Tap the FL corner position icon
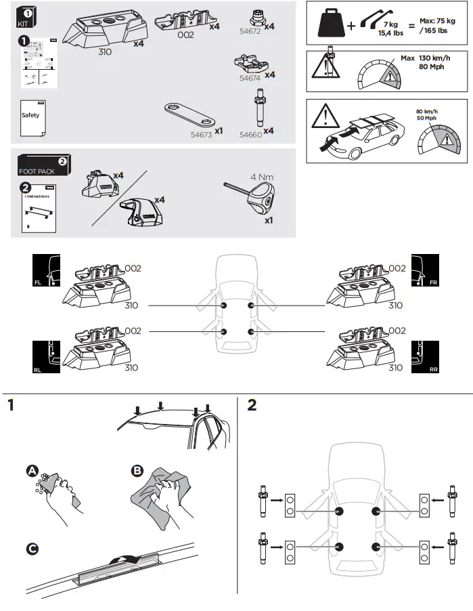click(47, 270)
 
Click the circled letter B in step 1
click(138, 471)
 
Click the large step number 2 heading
click(253, 406)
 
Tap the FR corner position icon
click(425, 270)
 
